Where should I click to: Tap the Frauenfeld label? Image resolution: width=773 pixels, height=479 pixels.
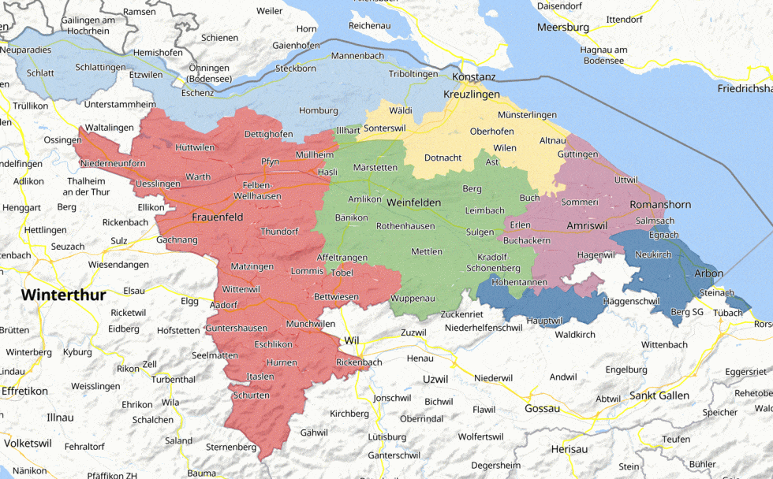[217, 217]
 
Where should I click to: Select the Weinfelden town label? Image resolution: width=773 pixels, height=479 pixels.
[413, 202]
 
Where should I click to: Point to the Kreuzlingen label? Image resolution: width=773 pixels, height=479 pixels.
[472, 94]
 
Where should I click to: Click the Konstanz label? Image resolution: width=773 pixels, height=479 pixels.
[473, 76]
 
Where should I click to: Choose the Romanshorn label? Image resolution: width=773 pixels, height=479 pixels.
[660, 205]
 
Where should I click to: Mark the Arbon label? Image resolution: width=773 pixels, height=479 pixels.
[708, 273]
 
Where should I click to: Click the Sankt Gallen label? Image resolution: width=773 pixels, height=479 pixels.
[659, 395]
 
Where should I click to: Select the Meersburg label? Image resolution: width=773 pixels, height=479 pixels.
[563, 28]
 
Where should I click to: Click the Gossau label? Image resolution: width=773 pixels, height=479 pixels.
[542, 408]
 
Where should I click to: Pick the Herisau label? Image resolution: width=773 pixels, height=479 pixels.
[569, 448]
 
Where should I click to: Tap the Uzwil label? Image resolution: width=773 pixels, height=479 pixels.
[435, 379]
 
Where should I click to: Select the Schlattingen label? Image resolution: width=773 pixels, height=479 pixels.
[100, 68]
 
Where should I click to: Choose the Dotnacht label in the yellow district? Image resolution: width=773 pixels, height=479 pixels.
[443, 158]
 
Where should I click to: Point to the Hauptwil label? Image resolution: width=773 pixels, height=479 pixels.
[543, 321]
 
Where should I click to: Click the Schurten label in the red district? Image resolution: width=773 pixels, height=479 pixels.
[251, 395]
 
